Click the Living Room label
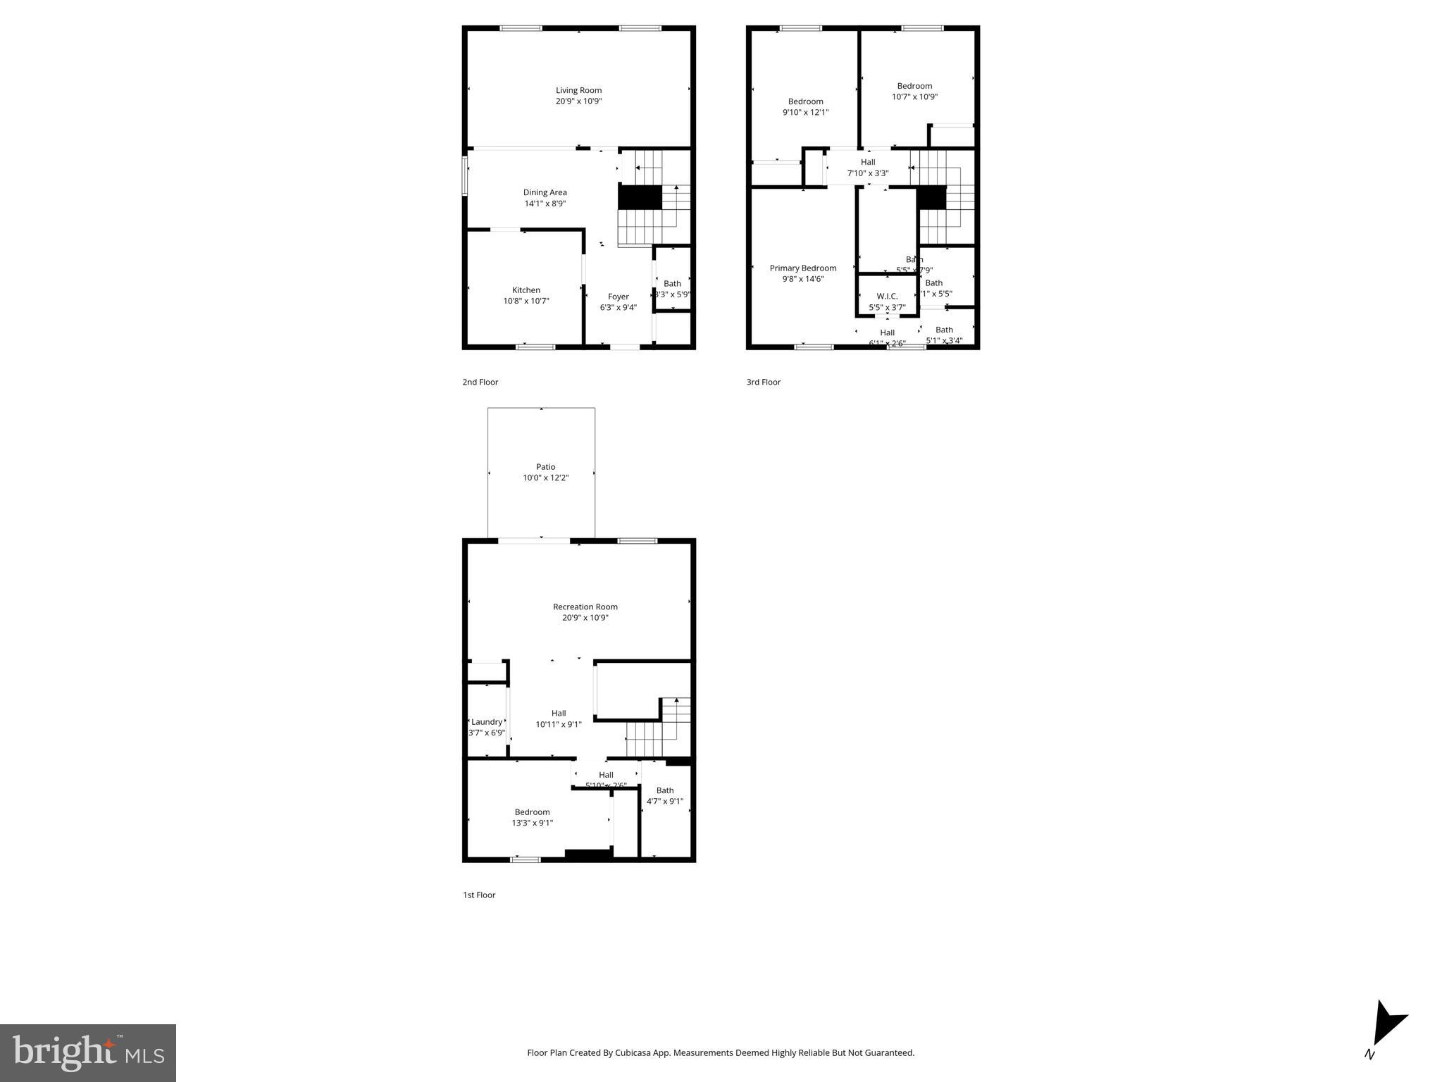(x=578, y=90)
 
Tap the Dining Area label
(x=545, y=192)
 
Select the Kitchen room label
(x=526, y=290)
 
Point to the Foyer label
(x=618, y=297)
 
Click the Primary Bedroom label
(x=802, y=268)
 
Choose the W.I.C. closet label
(x=887, y=297)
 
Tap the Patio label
(x=545, y=467)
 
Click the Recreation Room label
(x=585, y=607)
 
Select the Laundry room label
(x=487, y=722)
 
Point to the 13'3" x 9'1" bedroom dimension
(x=532, y=823)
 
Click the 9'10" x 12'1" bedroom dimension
(x=805, y=112)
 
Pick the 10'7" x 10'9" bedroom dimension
(x=914, y=97)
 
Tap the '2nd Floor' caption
(x=480, y=383)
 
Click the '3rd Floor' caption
(x=763, y=383)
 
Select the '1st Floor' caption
(x=479, y=895)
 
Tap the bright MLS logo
(x=88, y=1052)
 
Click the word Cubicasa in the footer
(x=632, y=1053)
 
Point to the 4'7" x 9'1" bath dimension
(x=664, y=801)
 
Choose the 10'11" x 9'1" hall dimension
(x=558, y=724)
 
